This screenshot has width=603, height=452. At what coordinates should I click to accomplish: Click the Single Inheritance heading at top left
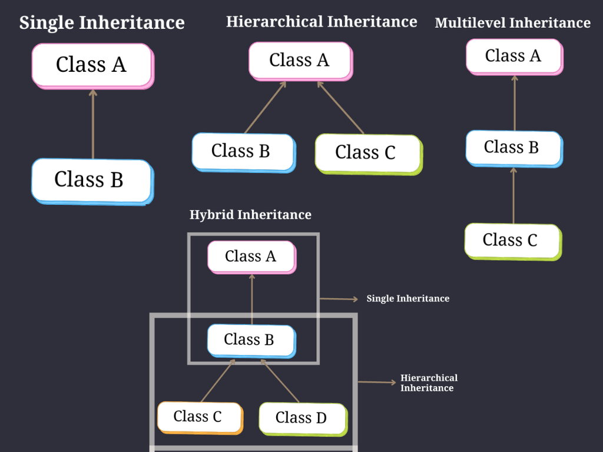pos(102,23)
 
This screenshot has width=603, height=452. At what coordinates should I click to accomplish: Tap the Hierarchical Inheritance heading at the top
pos(322,22)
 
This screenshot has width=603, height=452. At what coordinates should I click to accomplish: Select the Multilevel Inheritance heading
pos(512,23)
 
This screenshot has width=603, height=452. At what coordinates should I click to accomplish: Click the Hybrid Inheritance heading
pos(250,215)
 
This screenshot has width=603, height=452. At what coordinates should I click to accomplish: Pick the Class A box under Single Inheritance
pos(92,65)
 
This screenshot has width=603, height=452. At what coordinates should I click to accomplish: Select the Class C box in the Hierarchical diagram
pos(367,152)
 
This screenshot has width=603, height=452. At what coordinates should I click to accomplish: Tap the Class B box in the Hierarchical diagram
pos(241,151)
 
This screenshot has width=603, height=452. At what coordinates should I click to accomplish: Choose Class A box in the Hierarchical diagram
pos(299,60)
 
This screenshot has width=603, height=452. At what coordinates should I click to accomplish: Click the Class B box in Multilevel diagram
pos(512,147)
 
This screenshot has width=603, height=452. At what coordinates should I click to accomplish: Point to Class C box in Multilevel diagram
pos(511,240)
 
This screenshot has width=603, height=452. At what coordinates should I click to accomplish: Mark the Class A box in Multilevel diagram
pos(513,56)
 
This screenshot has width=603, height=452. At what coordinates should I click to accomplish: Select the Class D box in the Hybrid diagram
pos(301,418)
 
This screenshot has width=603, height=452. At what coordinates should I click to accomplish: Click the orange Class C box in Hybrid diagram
pos(198,417)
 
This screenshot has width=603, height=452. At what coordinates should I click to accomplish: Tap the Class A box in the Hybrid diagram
pos(251,256)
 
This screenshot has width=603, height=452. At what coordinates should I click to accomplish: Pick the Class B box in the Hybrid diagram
pos(250,340)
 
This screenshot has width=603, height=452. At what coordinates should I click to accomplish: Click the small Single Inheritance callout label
pos(407,299)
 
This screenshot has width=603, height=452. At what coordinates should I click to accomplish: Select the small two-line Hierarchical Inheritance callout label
pos(428,383)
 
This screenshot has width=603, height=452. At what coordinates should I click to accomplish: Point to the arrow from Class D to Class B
pos(281,381)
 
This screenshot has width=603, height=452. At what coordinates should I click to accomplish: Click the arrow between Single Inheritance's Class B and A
pos(92,124)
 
